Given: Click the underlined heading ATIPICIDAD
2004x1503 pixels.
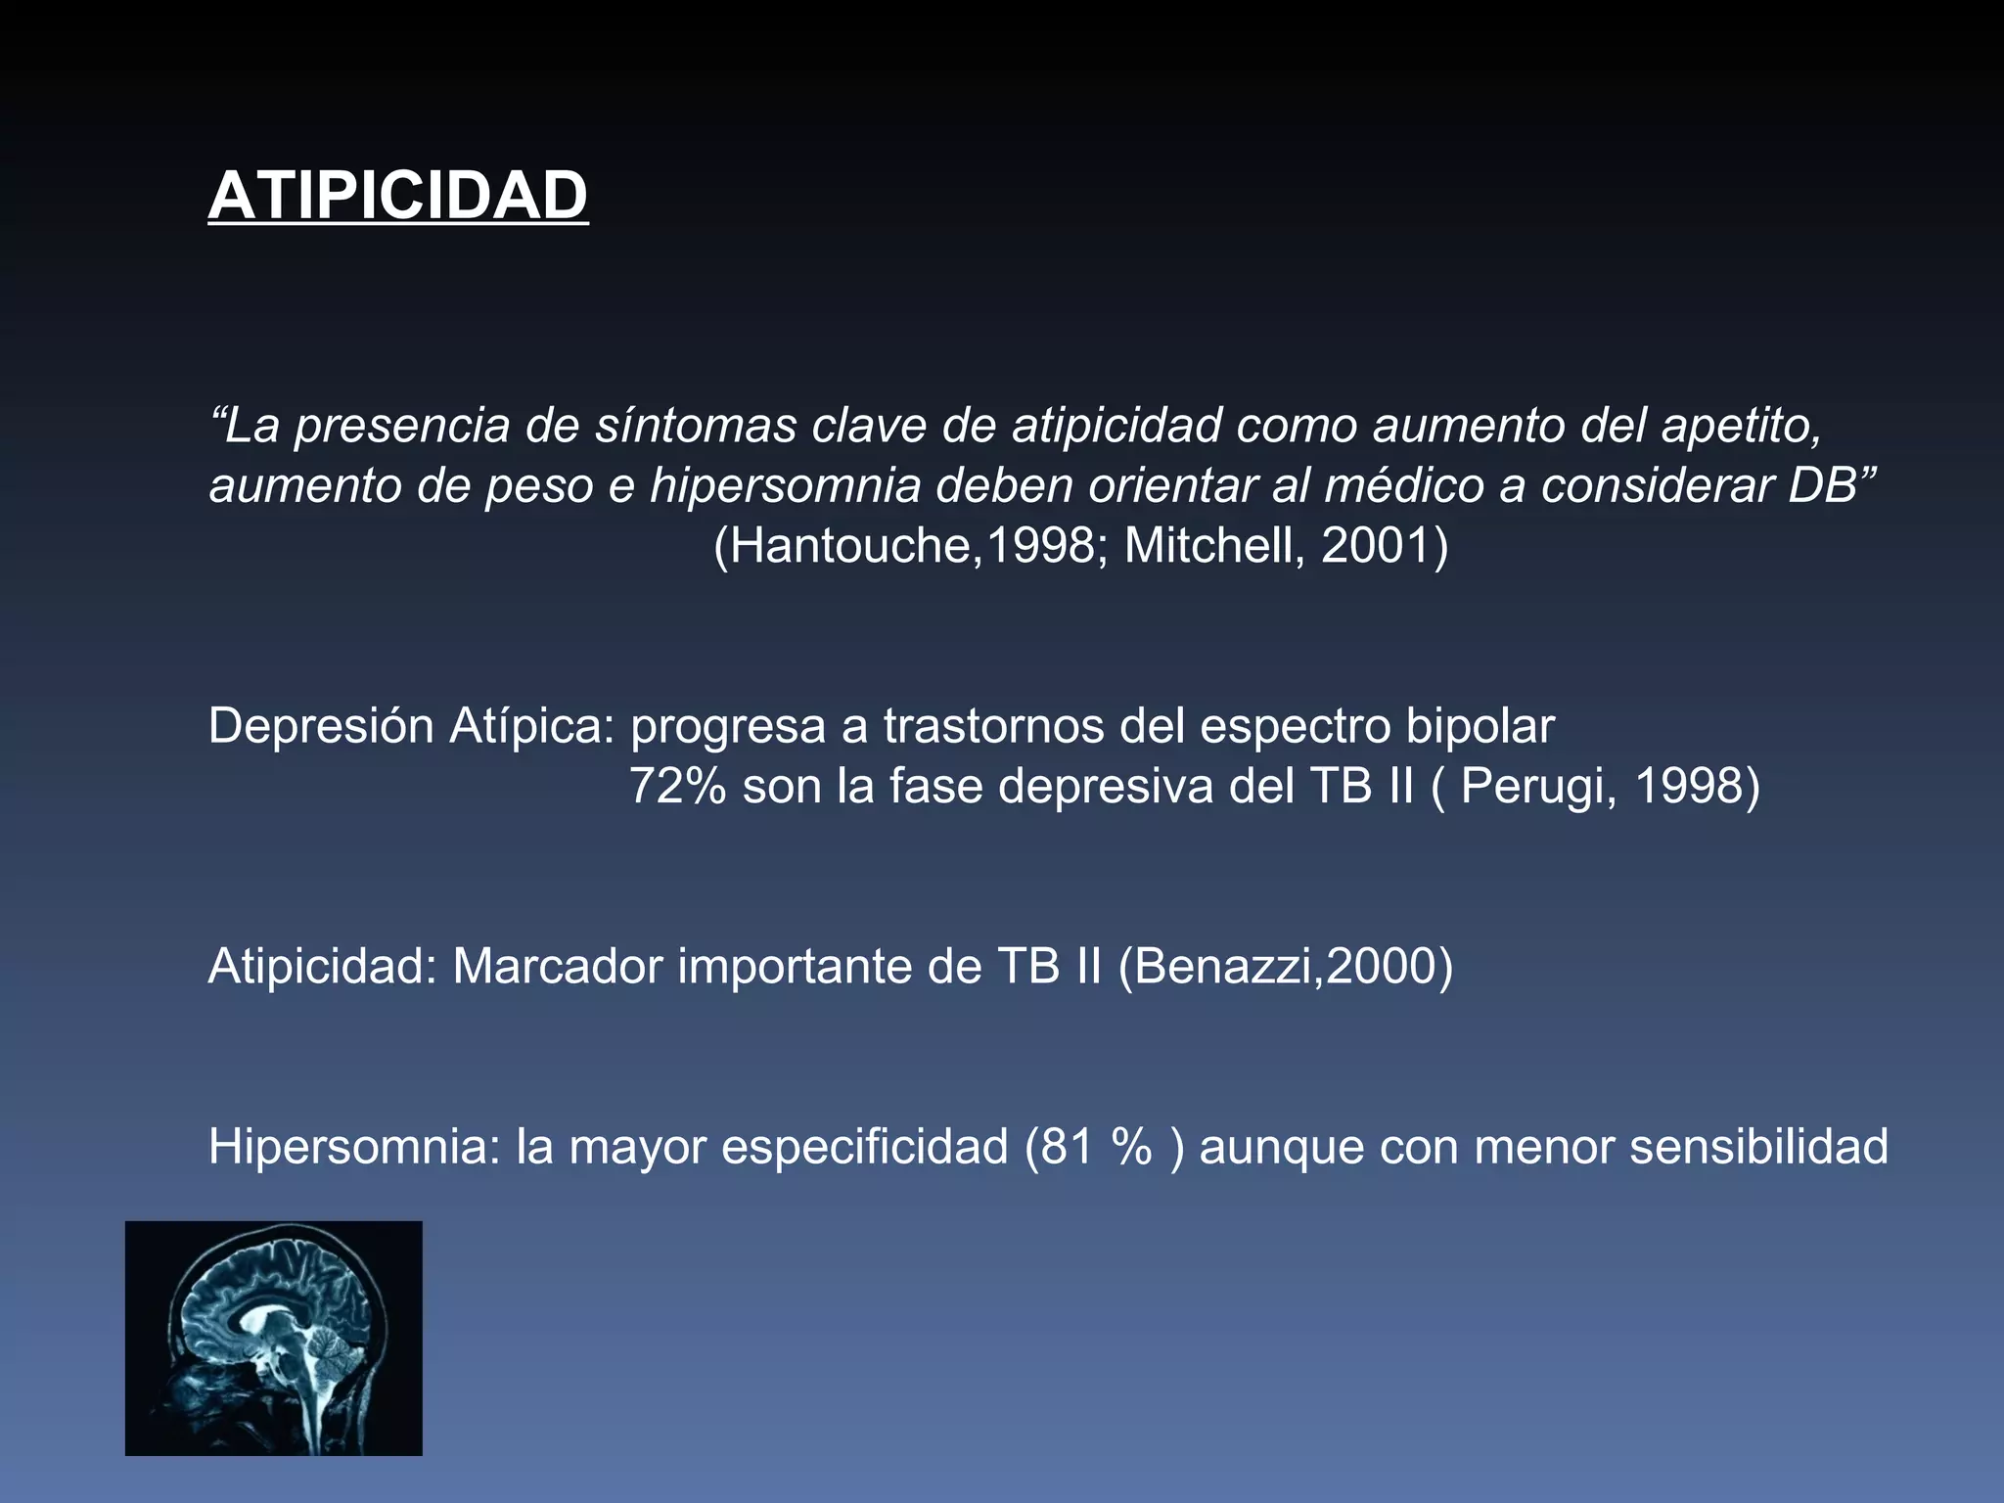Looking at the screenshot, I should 397,196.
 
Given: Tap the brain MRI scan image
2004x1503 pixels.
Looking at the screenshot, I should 274,1338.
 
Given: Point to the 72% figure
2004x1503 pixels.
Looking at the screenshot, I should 677,786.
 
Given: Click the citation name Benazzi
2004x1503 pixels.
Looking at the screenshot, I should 1223,966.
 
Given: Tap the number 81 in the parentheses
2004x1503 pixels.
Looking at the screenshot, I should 1068,1146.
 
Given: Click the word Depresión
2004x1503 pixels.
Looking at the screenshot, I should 321,726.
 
